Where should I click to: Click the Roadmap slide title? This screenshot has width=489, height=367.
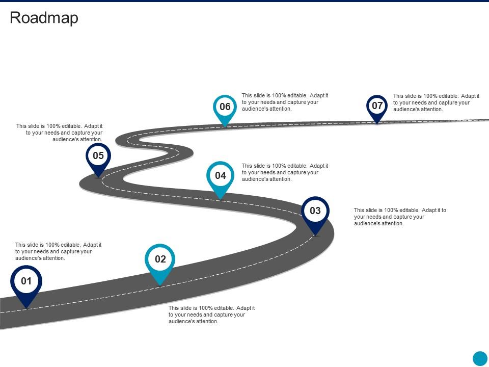[x=44, y=18]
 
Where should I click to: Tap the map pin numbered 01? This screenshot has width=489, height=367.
[x=26, y=282]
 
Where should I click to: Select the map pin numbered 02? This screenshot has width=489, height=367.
[x=160, y=259]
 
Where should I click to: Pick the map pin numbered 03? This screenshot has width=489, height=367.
[x=315, y=211]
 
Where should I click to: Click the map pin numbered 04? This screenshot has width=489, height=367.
[x=220, y=176]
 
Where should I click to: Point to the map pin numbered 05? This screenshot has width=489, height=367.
[x=98, y=156]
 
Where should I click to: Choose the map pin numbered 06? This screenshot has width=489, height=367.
[x=225, y=107]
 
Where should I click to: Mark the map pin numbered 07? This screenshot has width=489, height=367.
[x=377, y=106]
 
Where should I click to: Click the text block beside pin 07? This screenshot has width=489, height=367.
[x=436, y=102]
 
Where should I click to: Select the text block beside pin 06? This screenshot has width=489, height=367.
[x=285, y=102]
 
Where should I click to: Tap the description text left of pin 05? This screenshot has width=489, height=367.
[x=59, y=132]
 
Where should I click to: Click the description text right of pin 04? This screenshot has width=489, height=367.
[x=285, y=172]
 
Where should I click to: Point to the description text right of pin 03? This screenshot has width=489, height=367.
[x=400, y=217]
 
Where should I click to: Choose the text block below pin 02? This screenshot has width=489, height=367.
[x=211, y=314]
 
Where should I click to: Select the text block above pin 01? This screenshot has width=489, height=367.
[x=58, y=251]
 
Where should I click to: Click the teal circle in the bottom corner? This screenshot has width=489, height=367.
[x=480, y=358]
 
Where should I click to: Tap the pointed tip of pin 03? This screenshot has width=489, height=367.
[x=315, y=235]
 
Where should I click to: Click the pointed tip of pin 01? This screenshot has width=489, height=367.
[x=26, y=308]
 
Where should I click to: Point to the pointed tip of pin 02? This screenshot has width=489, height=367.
[x=160, y=284]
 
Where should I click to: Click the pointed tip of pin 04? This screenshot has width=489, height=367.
[x=220, y=198]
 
